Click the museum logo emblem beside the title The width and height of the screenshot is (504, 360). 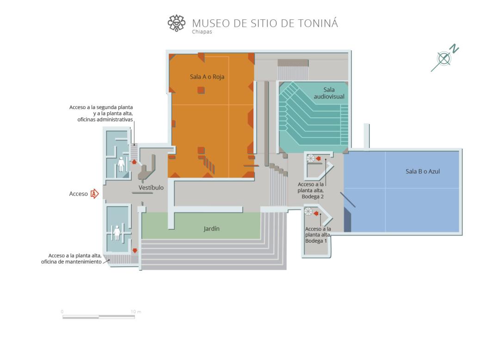[177, 23]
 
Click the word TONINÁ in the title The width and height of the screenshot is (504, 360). [318, 23]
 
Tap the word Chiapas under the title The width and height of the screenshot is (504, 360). [202, 32]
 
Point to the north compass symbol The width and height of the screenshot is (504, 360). [444, 58]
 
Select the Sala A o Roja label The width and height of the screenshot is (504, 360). [207, 77]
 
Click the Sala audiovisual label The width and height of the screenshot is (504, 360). [329, 93]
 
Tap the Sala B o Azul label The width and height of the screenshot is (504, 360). [423, 171]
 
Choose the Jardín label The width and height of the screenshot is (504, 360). [211, 229]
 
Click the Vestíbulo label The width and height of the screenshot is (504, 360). [151, 188]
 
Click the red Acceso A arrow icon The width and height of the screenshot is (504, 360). [94, 194]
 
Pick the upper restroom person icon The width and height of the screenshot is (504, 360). [121, 164]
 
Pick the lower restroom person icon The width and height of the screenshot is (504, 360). [117, 232]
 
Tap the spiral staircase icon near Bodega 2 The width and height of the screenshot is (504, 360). [311, 159]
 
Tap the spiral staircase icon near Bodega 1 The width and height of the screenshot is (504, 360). [308, 211]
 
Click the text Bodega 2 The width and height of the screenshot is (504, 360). [313, 196]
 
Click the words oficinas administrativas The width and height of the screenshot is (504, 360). [105, 120]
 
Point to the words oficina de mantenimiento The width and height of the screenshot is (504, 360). [71, 262]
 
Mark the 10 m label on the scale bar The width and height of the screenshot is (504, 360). [136, 311]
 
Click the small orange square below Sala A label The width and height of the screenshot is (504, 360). [201, 90]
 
